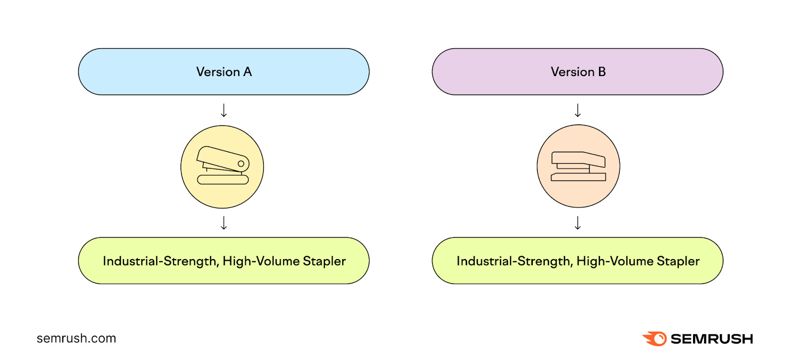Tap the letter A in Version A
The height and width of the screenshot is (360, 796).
247,72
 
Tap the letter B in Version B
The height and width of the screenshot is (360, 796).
601,72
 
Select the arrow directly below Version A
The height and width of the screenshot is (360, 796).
224,110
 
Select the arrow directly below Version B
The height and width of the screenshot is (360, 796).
578,110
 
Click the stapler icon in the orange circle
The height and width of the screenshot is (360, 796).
578,166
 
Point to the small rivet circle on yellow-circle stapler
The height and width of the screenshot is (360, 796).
241,164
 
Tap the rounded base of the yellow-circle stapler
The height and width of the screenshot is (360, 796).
223,180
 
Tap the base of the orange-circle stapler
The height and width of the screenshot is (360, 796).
578,177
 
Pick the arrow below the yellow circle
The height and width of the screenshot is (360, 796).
224,223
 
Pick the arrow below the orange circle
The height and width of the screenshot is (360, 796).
578,223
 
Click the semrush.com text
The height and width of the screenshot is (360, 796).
76,339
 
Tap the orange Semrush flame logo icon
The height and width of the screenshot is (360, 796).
655,339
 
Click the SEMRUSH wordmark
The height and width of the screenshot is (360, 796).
711,339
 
